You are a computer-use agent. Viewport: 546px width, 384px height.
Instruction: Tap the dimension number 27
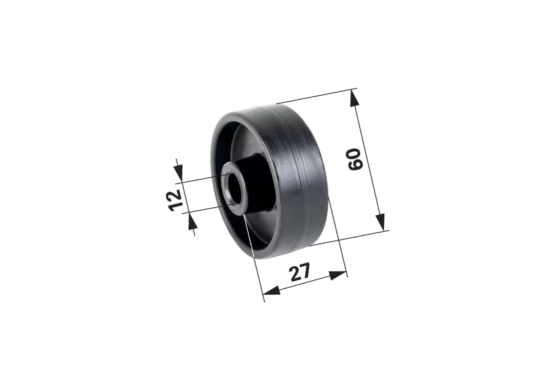300,272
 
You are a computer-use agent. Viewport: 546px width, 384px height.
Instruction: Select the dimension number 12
175,200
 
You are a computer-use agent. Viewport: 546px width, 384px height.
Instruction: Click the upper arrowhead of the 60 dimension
354,98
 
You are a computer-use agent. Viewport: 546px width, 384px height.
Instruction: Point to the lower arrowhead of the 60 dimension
380,222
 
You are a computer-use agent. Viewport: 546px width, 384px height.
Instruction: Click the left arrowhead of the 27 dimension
272,291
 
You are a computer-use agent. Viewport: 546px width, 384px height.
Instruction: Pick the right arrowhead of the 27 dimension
338,275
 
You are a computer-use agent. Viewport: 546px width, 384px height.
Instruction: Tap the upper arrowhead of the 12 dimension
178,173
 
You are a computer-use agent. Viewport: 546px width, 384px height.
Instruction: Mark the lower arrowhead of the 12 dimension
192,222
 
